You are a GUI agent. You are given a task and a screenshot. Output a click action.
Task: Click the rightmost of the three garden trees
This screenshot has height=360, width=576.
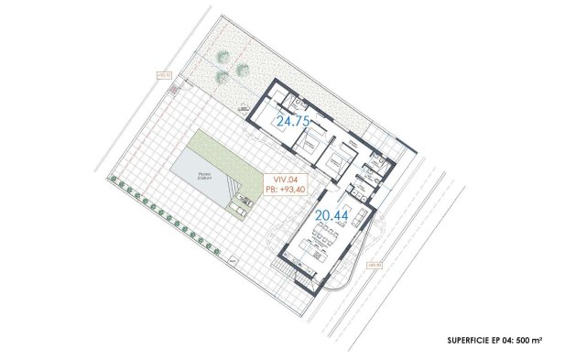242,68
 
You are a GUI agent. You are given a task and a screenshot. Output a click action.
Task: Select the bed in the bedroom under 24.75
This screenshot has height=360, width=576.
308,143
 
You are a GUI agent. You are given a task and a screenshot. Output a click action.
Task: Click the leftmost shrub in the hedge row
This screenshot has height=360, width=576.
112,178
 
